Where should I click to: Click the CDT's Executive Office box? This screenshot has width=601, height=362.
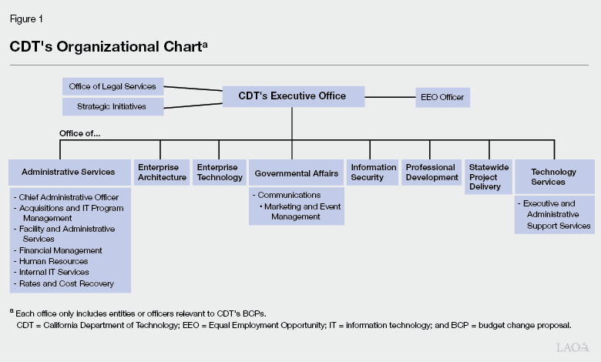[x=292, y=96]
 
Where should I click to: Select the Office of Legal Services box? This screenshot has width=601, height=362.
[x=112, y=86]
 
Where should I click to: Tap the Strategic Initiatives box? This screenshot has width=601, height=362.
[x=112, y=106]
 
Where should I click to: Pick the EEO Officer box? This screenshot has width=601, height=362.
[x=442, y=97]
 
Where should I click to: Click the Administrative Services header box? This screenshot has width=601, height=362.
[x=69, y=173]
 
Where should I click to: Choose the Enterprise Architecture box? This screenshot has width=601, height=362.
[x=162, y=173]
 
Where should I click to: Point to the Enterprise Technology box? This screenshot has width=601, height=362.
[x=217, y=173]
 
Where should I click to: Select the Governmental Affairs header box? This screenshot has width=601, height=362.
[x=297, y=173]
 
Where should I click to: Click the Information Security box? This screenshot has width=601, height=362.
[x=372, y=173]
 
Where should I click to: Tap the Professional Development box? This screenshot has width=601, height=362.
[x=431, y=173]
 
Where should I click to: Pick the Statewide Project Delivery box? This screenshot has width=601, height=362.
[x=485, y=176]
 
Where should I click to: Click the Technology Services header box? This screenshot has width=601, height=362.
[x=554, y=176]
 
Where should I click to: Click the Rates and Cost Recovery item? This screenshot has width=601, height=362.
[x=66, y=283]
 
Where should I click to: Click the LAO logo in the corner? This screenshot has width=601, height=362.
[x=574, y=348]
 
